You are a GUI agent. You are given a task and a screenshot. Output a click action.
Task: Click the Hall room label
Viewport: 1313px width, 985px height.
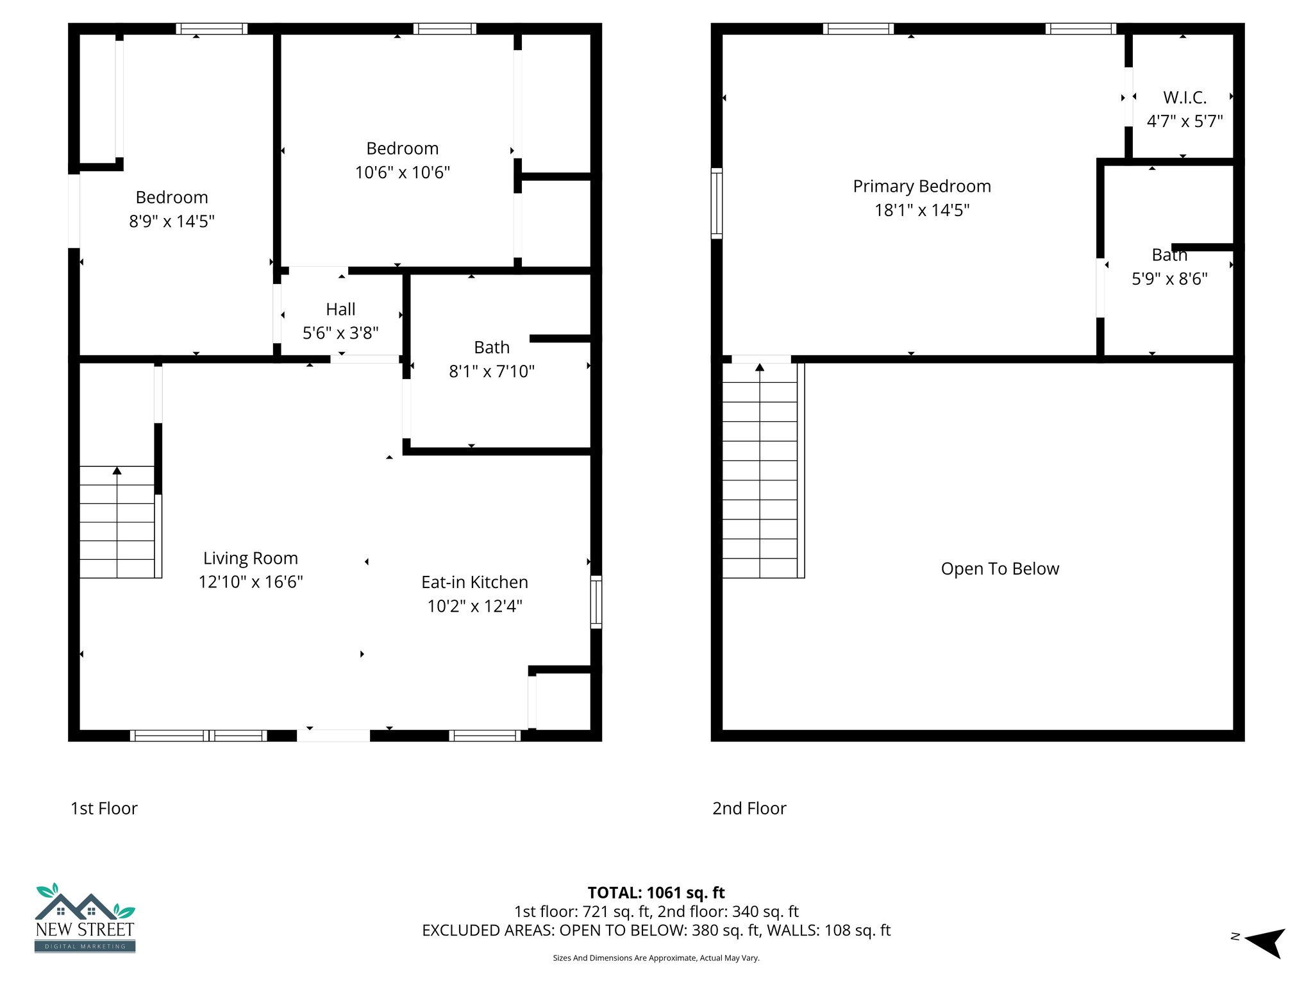pyautogui.click(x=340, y=309)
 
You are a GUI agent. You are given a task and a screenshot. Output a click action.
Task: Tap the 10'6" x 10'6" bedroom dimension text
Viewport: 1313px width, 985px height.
pyautogui.click(x=403, y=173)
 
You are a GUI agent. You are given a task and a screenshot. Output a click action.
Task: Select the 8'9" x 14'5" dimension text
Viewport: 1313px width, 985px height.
pyautogui.click(x=172, y=221)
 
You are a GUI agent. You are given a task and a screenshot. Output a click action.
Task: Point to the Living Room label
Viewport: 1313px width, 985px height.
pyautogui.click(x=251, y=558)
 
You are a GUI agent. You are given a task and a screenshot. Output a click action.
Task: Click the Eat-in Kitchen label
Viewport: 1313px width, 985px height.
pyautogui.click(x=474, y=582)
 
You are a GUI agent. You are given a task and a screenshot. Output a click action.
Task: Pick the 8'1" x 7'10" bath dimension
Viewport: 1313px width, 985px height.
pyautogui.click(x=492, y=371)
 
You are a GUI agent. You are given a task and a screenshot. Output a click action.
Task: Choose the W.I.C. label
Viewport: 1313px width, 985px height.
pyautogui.click(x=1185, y=97)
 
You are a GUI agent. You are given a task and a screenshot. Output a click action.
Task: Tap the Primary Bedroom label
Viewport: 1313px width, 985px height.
pyautogui.click(x=922, y=187)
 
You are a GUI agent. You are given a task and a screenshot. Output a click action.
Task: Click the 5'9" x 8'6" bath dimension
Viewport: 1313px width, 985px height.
pyautogui.click(x=1169, y=279)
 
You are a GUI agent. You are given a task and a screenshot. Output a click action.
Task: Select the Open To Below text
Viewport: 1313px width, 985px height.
pyautogui.click(x=999, y=569)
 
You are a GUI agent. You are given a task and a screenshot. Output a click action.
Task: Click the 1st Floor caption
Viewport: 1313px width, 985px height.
pyautogui.click(x=104, y=809)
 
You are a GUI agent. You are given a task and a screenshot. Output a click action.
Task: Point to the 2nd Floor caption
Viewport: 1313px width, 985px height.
pyautogui.click(x=749, y=809)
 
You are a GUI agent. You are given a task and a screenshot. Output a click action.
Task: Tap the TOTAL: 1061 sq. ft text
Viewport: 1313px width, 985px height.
pyautogui.click(x=656, y=893)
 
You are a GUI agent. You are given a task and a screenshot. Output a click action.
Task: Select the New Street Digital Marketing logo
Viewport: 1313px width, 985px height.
pyautogui.click(x=85, y=918)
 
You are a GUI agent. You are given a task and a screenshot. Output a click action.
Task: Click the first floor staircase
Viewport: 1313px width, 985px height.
pyautogui.click(x=117, y=522)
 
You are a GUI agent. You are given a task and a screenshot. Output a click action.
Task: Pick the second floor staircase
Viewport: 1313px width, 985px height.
pyautogui.click(x=760, y=471)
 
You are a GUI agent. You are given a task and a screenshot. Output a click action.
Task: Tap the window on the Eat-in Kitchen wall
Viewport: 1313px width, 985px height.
pyautogui.click(x=596, y=602)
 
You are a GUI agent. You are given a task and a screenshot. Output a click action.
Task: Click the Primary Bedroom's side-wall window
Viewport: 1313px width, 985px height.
pyautogui.click(x=717, y=203)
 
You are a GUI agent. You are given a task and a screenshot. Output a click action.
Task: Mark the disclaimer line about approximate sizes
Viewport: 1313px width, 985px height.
pyautogui.click(x=656, y=958)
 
